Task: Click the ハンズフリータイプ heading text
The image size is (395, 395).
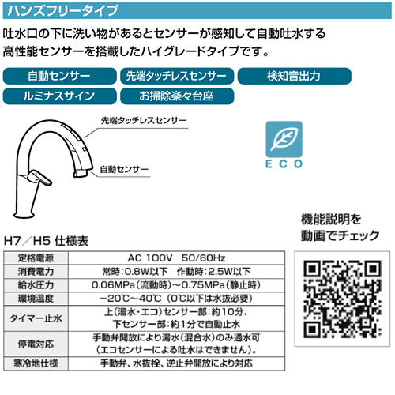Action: click(x=62, y=11)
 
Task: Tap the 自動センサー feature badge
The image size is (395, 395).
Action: click(x=60, y=76)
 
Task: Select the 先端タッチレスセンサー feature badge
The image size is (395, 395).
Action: click(x=177, y=76)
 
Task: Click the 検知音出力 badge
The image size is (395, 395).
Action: click(x=295, y=76)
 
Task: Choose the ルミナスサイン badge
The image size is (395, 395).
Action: click(x=60, y=96)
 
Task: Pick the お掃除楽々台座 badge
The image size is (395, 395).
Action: click(x=177, y=96)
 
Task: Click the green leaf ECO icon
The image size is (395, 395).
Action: click(x=284, y=139)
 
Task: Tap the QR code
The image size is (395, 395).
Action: click(x=342, y=299)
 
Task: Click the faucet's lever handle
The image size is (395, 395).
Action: click(x=41, y=178)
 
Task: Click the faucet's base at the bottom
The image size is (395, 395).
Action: click(x=24, y=214)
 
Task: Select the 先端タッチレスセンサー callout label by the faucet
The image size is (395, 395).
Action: click(x=144, y=121)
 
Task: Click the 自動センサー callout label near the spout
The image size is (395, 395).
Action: click(x=124, y=169)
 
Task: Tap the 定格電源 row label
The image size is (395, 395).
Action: click(x=36, y=258)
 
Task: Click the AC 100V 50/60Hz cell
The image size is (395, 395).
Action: click(x=176, y=258)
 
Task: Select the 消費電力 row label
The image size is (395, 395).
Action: click(x=36, y=272)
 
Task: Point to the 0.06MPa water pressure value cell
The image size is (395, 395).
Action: click(x=176, y=285)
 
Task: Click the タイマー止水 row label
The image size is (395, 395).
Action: click(x=36, y=318)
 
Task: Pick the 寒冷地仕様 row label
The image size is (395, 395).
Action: click(x=36, y=363)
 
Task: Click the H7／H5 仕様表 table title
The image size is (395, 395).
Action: click(x=46, y=241)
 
